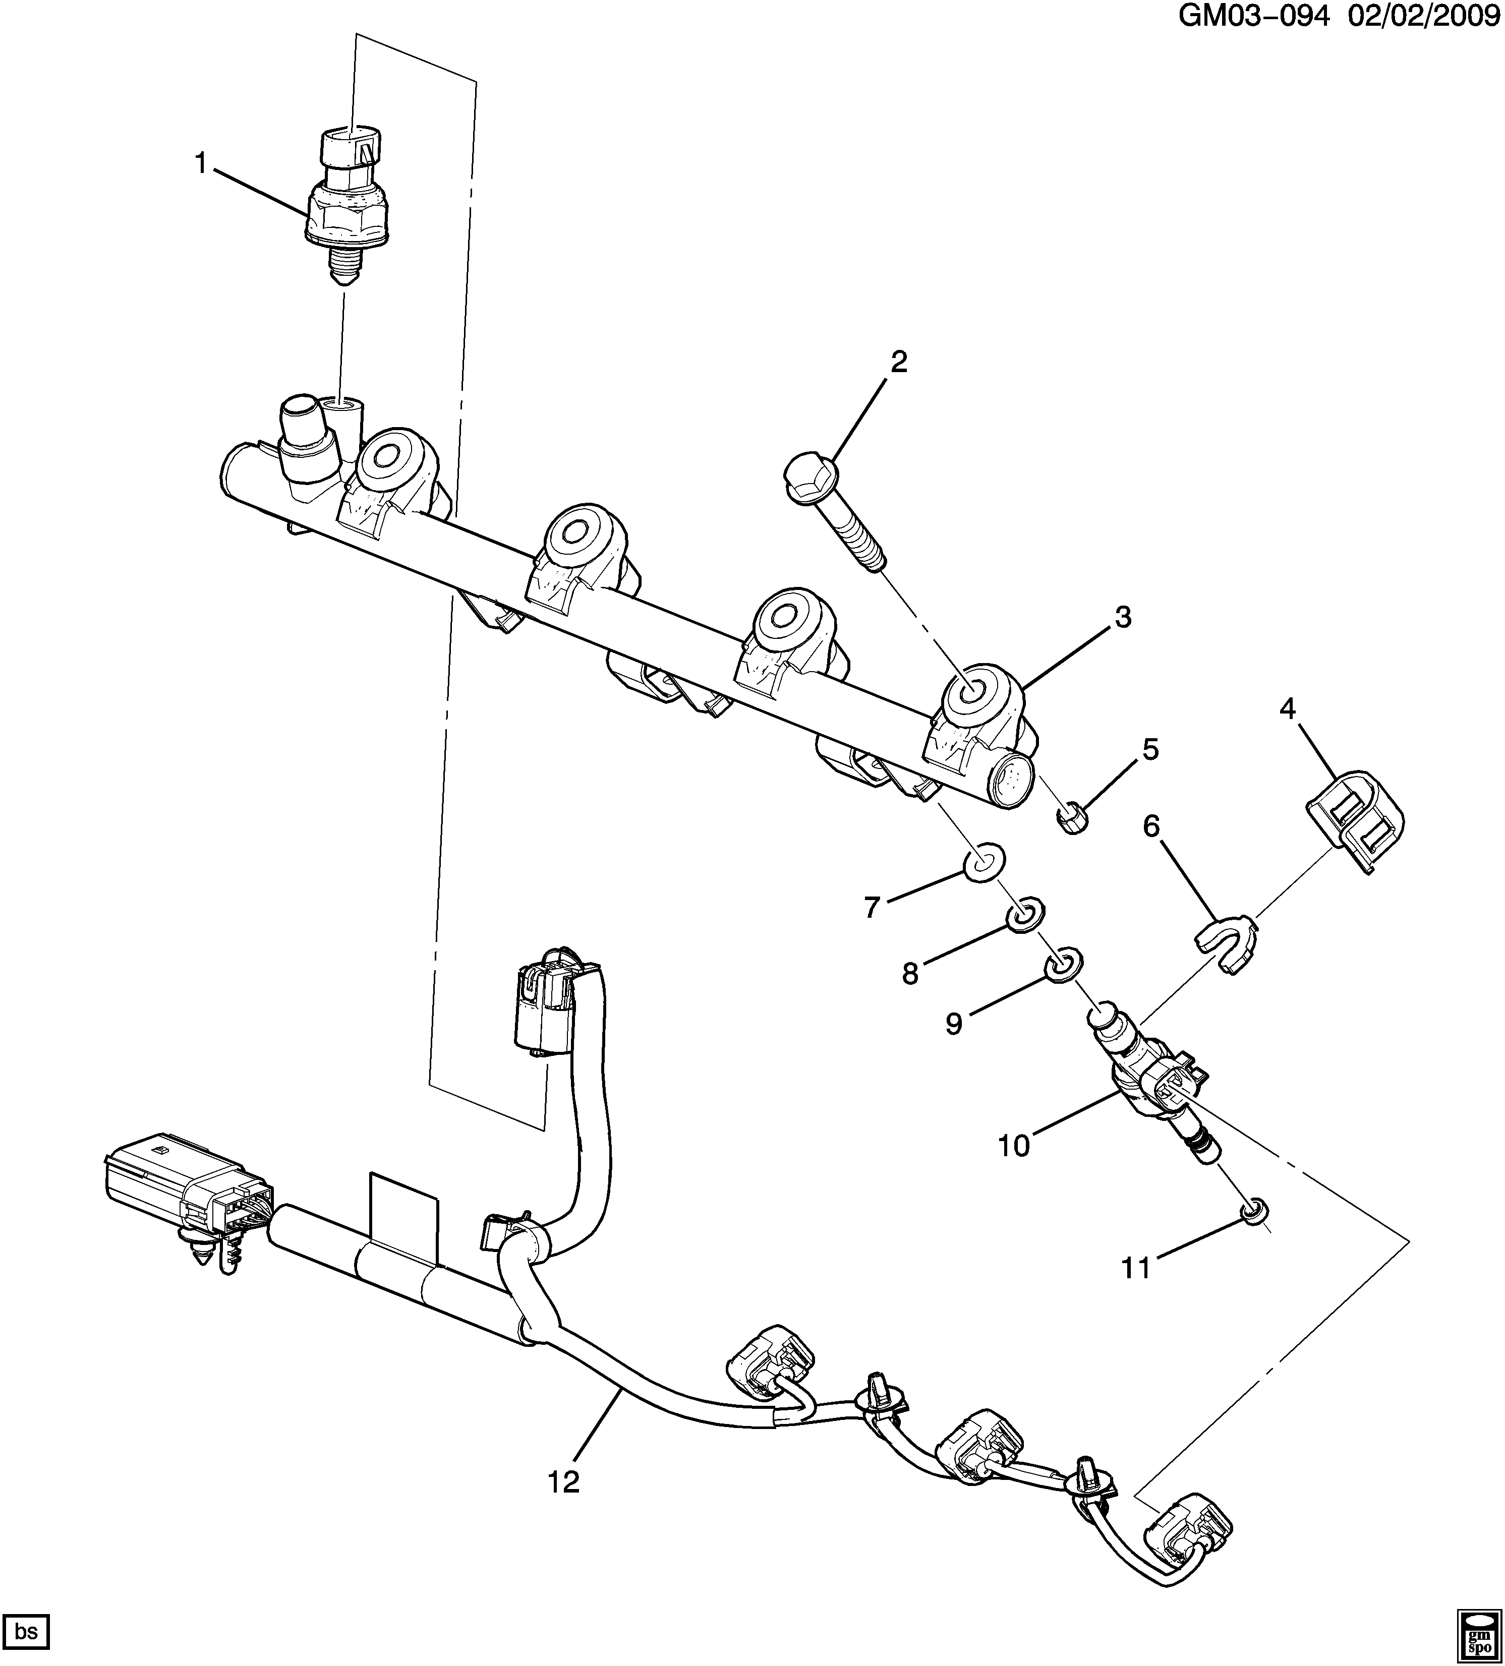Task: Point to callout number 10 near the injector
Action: click(x=1013, y=1146)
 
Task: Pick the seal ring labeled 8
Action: click(x=1025, y=916)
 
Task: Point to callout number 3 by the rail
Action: click(x=1122, y=617)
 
